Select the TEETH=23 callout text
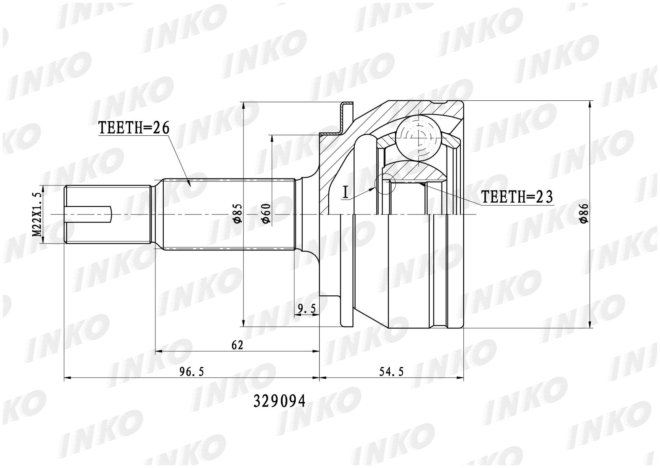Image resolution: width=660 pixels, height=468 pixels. click(x=517, y=197)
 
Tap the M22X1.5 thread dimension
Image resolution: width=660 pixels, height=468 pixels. click(x=37, y=215)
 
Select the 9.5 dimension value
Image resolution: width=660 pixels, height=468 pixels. click(x=307, y=309)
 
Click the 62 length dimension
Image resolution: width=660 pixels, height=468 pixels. click(x=237, y=345)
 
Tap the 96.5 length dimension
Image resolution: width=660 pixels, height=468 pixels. click(x=192, y=372)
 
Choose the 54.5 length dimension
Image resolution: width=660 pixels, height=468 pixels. click(x=391, y=372)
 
